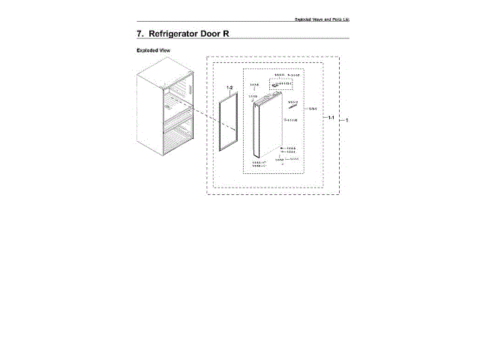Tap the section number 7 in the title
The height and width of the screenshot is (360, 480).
pyautogui.click(x=140, y=34)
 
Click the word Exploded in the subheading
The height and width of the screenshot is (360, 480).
pyautogui.click(x=148, y=51)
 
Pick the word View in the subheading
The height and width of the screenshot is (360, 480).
pyautogui.click(x=166, y=51)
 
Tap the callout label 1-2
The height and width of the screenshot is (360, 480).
pyautogui.click(x=230, y=88)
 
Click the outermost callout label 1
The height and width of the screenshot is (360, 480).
pyautogui.click(x=347, y=120)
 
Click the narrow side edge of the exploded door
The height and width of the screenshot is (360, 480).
pyautogui.click(x=257, y=135)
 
